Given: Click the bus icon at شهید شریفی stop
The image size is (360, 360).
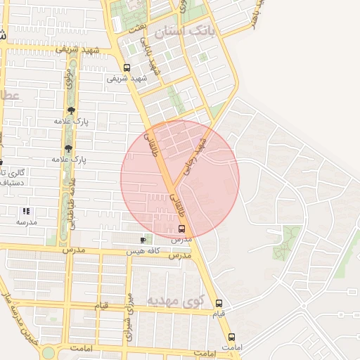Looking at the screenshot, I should [x=127, y=68].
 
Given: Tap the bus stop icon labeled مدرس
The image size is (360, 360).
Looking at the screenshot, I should [x=182, y=229].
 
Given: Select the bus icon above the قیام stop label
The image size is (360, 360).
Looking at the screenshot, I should [x=219, y=303].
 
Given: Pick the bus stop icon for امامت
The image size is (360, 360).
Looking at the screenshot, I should [x=231, y=337].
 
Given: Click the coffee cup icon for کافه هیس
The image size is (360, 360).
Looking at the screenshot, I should [x=143, y=240].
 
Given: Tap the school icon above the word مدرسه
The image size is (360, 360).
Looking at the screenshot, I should [x=26, y=211].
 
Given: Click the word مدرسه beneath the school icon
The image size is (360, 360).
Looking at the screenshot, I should [x=26, y=222].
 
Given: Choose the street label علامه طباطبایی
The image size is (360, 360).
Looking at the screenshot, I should [x=71, y=198].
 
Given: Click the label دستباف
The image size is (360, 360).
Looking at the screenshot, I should [x=10, y=183].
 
